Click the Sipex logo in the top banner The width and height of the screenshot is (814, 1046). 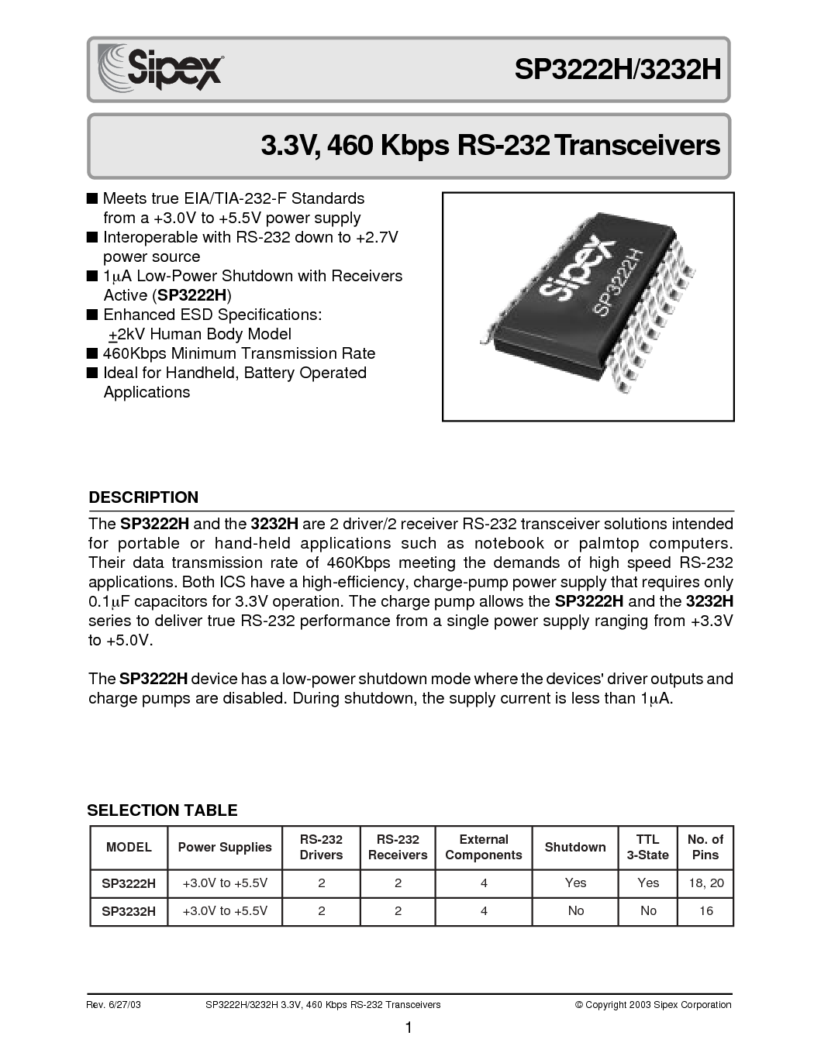click(x=160, y=67)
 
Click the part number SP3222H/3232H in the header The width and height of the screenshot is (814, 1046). click(x=618, y=70)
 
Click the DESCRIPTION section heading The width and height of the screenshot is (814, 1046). click(x=143, y=497)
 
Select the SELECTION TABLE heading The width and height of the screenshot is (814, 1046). click(x=162, y=810)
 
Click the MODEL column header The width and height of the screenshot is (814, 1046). click(x=129, y=847)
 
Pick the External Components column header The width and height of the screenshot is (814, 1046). click(x=484, y=847)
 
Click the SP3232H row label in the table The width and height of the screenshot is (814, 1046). click(x=129, y=911)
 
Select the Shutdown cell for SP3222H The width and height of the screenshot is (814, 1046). click(x=575, y=883)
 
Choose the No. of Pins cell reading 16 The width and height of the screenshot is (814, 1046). click(x=705, y=910)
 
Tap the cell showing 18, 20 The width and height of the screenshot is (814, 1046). click(x=706, y=883)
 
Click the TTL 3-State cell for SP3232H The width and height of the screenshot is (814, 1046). click(x=648, y=910)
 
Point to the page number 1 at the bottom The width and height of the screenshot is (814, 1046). click(x=409, y=1027)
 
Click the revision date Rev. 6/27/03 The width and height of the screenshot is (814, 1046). click(x=114, y=1005)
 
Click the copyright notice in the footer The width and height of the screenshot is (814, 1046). click(x=654, y=1005)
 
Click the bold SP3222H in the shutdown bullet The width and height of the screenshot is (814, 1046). click(x=192, y=295)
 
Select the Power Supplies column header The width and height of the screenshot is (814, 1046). click(x=225, y=847)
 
